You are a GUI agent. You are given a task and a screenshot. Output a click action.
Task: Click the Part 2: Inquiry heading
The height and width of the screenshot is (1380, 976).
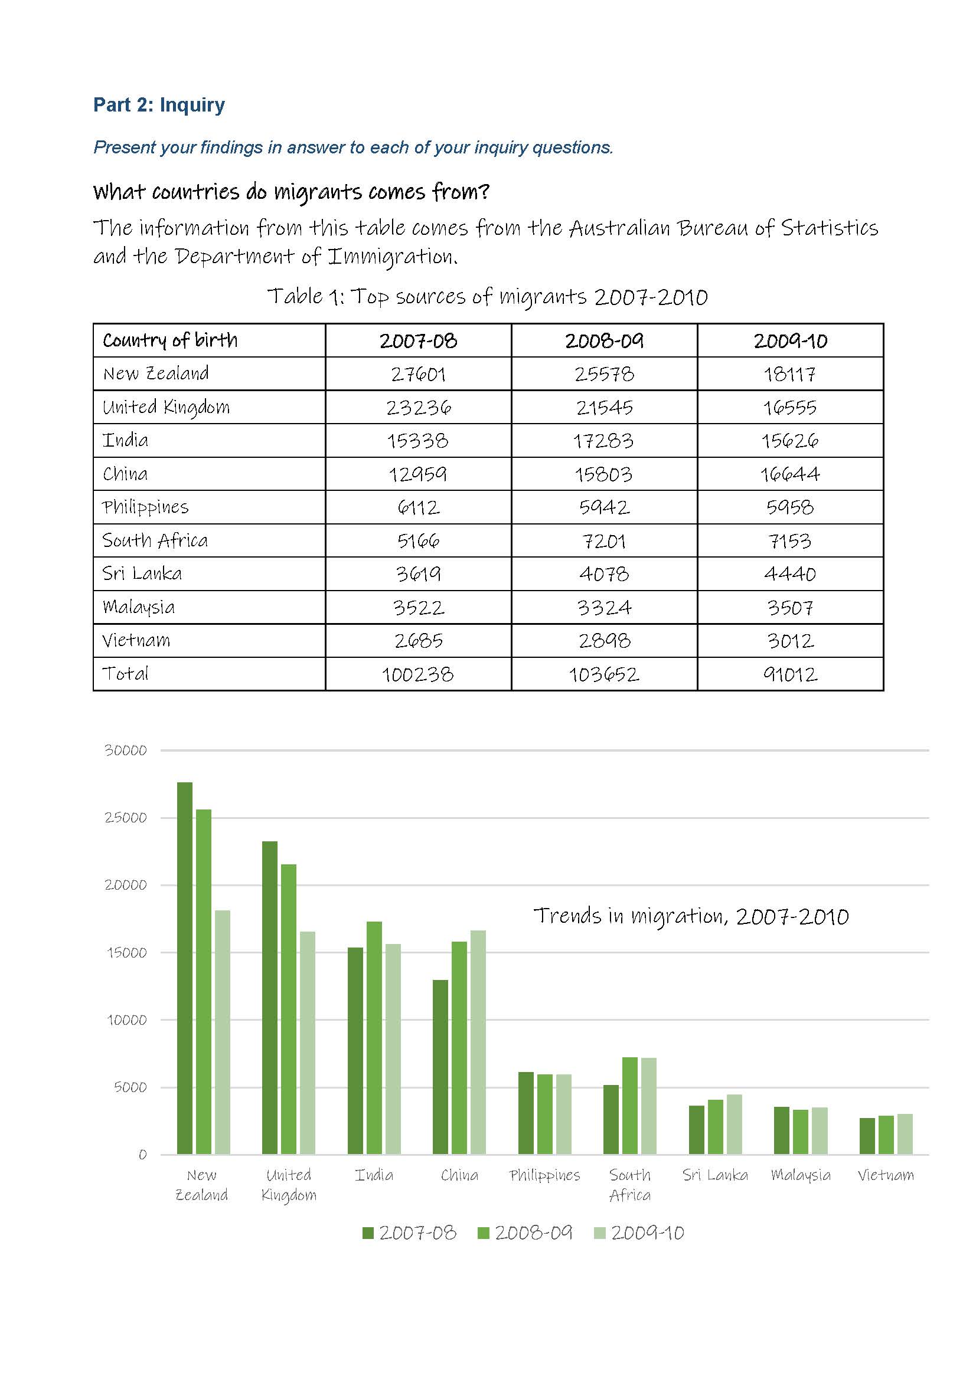[x=159, y=104]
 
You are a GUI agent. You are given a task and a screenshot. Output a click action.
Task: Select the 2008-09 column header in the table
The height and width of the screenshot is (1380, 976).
[x=604, y=341]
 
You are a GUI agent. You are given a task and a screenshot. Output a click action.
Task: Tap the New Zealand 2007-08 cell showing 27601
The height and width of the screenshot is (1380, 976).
[x=418, y=375]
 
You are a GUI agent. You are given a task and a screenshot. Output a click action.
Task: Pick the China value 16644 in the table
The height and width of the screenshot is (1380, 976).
[x=789, y=474]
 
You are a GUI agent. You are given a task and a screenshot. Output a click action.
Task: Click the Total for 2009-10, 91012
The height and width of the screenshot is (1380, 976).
[x=789, y=674]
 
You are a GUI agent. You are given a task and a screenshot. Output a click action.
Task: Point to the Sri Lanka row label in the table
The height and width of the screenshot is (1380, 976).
[x=142, y=573]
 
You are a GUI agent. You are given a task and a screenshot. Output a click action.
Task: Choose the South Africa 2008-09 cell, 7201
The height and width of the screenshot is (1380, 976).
[x=604, y=541]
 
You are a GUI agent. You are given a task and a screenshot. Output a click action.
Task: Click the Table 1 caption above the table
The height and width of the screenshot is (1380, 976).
[x=488, y=296]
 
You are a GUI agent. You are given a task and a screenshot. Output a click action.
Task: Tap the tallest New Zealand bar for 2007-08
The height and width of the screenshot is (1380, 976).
[x=185, y=968]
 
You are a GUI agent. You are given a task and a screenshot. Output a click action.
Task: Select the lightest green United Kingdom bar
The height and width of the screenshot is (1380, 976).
[x=307, y=1043]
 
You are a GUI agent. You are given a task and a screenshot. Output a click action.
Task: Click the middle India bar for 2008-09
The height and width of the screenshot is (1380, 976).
[x=374, y=1038]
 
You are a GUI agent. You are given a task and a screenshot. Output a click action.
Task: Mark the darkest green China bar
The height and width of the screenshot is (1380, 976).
[x=441, y=1067]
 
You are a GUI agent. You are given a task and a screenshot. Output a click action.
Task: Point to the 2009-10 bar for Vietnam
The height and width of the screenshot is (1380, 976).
[x=905, y=1133]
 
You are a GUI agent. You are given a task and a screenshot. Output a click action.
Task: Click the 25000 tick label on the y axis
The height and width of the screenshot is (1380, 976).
[x=126, y=817]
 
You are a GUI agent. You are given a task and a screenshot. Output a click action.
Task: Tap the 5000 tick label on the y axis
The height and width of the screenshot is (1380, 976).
[x=130, y=1087]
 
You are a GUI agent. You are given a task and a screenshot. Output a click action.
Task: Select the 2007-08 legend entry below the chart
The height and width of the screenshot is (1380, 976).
[x=410, y=1233]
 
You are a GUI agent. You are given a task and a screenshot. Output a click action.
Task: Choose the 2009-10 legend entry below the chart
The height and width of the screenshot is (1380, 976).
[x=639, y=1233]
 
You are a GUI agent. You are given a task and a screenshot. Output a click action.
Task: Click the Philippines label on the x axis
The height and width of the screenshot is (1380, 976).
[x=545, y=1175]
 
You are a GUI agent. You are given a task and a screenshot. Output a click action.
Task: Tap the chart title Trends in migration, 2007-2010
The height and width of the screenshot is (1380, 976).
[x=691, y=916]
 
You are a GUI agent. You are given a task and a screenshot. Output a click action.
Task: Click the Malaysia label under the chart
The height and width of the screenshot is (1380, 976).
[x=801, y=1175]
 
